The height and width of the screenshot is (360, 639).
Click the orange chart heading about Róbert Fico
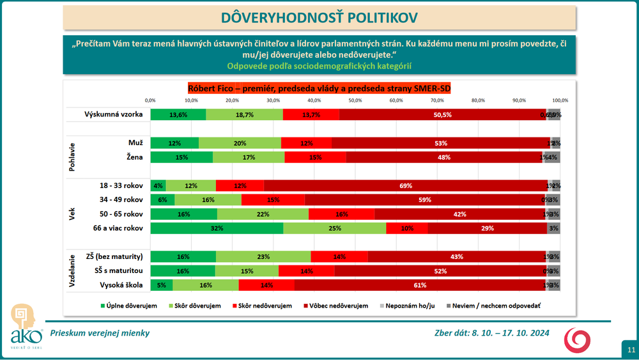click(x=319, y=89)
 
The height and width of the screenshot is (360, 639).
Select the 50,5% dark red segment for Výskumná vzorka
click(x=443, y=114)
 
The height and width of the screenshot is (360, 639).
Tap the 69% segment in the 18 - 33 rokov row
click(x=405, y=185)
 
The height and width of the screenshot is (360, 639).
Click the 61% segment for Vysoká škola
click(x=420, y=285)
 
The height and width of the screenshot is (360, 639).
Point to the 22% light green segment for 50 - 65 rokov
click(x=263, y=214)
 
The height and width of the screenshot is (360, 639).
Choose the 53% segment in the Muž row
click(x=441, y=143)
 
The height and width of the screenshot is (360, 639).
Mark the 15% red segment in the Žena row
click(x=316, y=157)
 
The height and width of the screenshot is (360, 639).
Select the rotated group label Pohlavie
click(x=72, y=150)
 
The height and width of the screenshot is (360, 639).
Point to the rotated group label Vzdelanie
click(x=72, y=270)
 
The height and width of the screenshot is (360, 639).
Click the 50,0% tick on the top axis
click(x=355, y=100)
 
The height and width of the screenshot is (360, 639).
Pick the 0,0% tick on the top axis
click(x=151, y=100)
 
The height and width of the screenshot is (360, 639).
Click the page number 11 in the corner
click(x=630, y=350)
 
